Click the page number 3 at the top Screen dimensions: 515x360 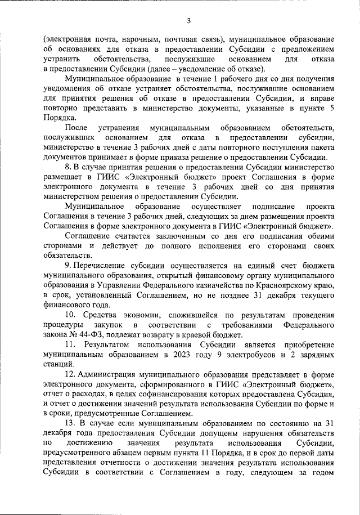(189, 21)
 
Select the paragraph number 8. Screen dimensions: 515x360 (68, 167)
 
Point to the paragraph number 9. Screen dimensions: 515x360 (68, 264)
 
